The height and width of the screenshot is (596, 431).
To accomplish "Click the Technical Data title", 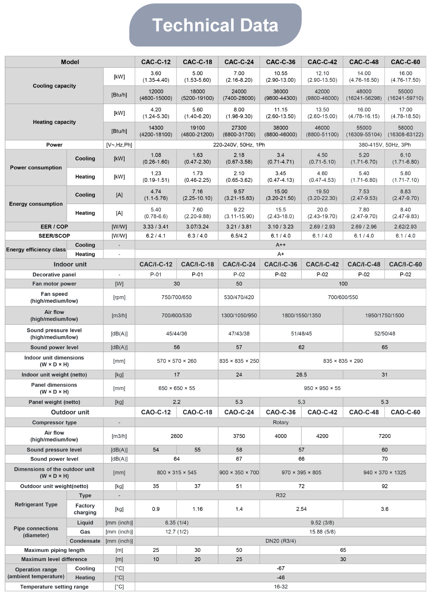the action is click(x=215, y=25).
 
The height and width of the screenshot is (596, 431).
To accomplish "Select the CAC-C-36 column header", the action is click(x=281, y=62).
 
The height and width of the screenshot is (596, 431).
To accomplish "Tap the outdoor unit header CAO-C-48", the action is click(x=364, y=412).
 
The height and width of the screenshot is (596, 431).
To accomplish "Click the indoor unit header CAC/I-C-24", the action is click(x=239, y=264).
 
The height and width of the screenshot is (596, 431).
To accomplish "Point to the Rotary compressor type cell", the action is click(x=281, y=422).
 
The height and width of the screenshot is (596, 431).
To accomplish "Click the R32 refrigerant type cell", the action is click(x=281, y=495).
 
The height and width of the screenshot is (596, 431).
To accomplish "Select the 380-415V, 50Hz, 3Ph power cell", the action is click(x=384, y=145).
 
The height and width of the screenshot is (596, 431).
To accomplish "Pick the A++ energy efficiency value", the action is click(x=281, y=245).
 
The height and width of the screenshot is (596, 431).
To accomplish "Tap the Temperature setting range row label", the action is click(x=54, y=587).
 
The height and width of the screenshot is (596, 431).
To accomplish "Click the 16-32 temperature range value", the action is click(x=281, y=587).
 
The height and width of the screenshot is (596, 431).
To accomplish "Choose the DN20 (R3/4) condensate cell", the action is click(x=281, y=541).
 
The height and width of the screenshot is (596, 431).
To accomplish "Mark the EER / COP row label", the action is click(x=54, y=227).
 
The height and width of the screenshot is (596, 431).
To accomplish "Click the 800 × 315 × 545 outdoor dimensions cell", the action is click(x=177, y=472).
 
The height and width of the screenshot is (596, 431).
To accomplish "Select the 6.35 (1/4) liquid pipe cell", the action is click(x=177, y=522).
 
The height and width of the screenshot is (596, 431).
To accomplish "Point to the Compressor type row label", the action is click(x=54, y=422).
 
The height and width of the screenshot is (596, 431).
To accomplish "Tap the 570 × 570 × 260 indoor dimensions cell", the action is click(x=177, y=361).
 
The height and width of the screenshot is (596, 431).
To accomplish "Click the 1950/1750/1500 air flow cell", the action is click(x=384, y=315).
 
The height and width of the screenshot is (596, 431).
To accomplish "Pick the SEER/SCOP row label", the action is click(x=54, y=236).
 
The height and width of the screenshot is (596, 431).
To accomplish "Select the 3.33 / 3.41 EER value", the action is click(x=156, y=227).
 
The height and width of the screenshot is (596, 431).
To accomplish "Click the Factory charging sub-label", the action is click(x=85, y=509).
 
